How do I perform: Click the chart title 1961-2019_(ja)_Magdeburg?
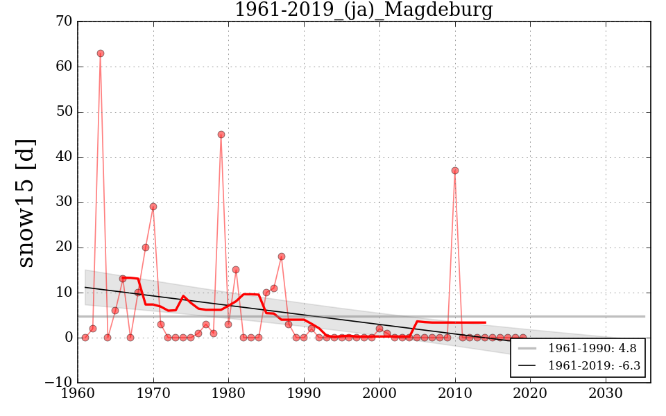364,10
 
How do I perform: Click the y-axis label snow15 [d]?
26,202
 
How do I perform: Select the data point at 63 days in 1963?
101,53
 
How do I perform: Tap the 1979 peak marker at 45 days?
221,135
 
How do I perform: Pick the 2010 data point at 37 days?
455,171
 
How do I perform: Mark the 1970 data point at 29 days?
153,207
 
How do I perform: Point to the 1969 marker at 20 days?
146,248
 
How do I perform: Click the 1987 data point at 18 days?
282,257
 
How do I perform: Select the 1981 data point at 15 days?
236,270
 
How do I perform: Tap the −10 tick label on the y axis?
58,383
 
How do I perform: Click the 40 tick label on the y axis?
64,157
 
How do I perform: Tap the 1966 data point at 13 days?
123,279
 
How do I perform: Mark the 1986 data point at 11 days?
274,288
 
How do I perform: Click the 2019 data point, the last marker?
523,338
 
